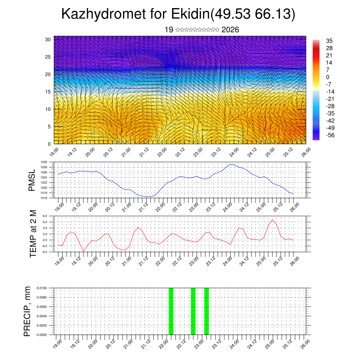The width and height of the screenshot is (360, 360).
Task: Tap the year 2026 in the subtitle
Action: (230, 30)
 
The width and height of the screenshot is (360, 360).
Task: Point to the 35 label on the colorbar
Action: (329, 41)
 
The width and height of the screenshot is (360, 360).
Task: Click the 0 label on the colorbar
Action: (328, 77)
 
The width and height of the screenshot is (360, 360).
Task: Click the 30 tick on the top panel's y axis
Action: (48, 39)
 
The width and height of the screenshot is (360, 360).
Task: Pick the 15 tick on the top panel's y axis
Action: (48, 92)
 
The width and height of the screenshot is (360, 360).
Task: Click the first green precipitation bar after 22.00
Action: (171, 311)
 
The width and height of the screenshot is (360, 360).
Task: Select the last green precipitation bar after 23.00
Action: (206, 311)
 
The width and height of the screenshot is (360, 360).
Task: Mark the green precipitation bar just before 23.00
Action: (193, 311)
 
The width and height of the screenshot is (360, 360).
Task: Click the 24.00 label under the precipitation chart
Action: (234, 343)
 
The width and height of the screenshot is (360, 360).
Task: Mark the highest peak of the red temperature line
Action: (272, 220)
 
